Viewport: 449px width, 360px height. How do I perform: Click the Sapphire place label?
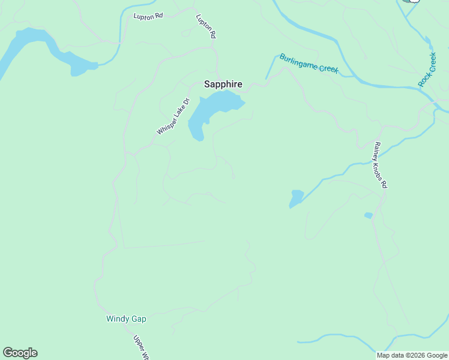[x=223, y=85]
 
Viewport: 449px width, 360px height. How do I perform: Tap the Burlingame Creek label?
[x=309, y=64]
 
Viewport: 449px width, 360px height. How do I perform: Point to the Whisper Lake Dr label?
[x=173, y=116]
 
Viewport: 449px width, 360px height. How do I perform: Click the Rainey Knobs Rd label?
[x=380, y=165]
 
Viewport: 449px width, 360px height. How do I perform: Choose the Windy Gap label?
[x=126, y=319]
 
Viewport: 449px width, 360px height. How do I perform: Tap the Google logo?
[x=20, y=353]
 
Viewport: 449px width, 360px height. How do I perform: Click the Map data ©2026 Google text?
[x=412, y=355]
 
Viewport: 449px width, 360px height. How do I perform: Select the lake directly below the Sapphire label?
[x=210, y=111]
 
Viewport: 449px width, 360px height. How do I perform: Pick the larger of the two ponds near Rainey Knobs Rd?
[x=297, y=197]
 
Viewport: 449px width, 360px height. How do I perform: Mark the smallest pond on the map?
[x=368, y=215]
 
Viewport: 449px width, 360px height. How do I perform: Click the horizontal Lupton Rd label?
[x=148, y=16]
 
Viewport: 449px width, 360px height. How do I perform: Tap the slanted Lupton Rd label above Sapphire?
[x=205, y=27]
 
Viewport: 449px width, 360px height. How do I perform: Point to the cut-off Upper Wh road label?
[x=140, y=347]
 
